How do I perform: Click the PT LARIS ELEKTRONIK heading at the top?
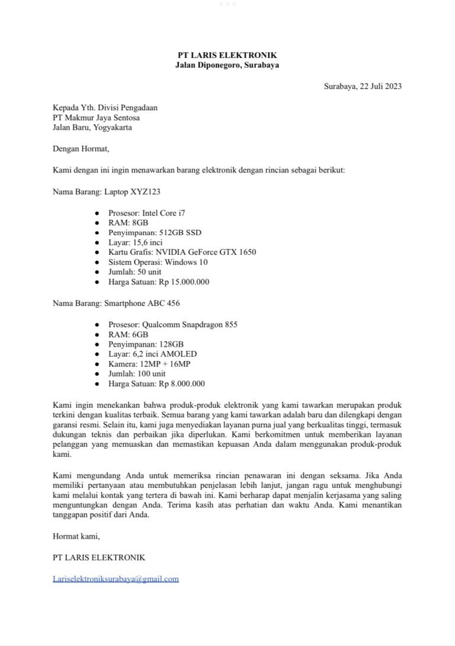[x=227, y=55]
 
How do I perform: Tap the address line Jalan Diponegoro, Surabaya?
[x=227, y=65]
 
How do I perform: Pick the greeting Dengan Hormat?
[x=81, y=149]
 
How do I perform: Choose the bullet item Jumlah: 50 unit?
[x=134, y=272]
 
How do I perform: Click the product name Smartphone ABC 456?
[x=142, y=303]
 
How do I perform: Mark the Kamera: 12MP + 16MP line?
[x=149, y=363]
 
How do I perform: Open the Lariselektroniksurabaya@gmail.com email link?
[x=116, y=579]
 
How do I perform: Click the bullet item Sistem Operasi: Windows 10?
[x=158, y=262]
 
